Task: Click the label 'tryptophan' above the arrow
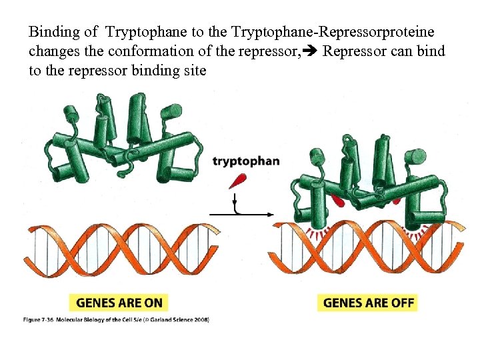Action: [x=246, y=161]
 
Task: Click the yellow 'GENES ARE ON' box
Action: [x=119, y=303]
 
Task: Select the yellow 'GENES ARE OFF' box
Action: [x=369, y=303]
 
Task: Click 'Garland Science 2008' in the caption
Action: [x=183, y=320]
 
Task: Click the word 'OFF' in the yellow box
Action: [x=402, y=303]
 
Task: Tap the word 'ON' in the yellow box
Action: [x=153, y=303]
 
